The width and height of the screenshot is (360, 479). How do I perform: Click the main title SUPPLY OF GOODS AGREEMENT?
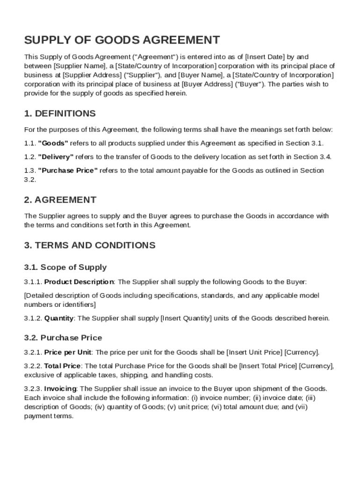coord(122,40)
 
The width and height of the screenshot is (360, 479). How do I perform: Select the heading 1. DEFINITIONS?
coord(60,114)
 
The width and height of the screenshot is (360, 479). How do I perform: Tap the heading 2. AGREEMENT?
coord(60,200)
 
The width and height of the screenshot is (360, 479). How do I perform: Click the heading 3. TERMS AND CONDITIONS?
coord(90,245)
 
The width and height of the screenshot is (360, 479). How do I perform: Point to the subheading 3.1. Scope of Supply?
coord(65,268)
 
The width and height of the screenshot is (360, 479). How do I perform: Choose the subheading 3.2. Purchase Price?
coord(63,338)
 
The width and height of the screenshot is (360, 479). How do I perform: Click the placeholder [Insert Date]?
coord(265,57)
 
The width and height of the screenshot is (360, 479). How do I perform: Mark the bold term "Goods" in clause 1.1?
coord(53,143)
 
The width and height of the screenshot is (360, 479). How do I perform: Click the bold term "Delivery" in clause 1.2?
coord(56,157)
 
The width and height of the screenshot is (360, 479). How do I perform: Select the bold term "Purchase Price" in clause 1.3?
coord(68,170)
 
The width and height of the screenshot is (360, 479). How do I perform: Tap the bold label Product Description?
coord(79,282)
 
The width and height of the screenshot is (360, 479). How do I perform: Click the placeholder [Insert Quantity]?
coord(186,319)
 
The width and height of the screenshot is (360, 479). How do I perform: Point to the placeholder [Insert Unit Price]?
coord(254,352)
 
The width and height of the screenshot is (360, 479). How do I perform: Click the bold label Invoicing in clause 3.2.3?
coord(60,389)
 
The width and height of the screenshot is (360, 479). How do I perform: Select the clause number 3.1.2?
coord(33,319)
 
